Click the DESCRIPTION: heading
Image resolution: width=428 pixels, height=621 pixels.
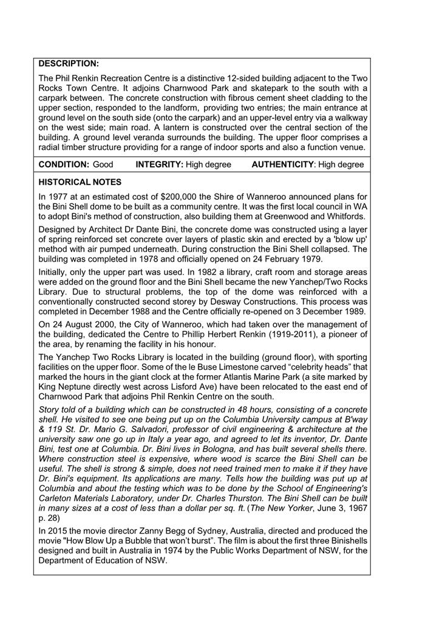(68, 63)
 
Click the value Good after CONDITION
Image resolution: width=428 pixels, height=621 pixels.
(103, 165)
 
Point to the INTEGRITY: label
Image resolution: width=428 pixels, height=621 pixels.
(159, 165)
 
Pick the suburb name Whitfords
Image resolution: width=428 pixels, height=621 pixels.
(345, 216)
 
